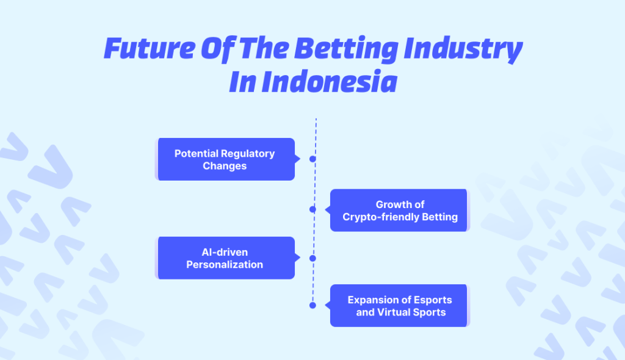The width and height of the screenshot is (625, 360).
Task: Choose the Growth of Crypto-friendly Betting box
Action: [400, 211]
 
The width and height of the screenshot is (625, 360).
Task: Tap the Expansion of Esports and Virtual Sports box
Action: [400, 306]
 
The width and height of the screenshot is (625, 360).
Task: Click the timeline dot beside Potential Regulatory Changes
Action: [312, 159]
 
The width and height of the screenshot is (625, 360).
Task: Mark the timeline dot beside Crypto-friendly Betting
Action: [312, 209]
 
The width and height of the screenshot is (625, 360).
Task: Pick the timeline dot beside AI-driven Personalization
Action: [312, 258]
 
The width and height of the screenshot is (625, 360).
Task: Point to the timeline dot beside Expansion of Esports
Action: [312, 305]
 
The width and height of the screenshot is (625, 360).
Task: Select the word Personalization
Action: [225, 265]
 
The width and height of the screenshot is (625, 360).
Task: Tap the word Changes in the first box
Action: [225, 166]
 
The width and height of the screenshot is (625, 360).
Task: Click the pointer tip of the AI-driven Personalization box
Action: [300, 258]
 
